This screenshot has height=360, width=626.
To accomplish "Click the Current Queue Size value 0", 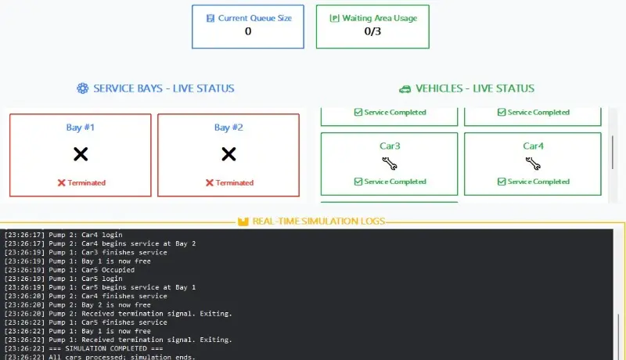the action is coord(248,31).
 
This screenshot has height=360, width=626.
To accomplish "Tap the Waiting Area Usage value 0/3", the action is coord(372,31).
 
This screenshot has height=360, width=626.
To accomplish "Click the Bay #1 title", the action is coord(81,128).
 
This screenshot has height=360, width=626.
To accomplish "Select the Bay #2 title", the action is coord(228,128).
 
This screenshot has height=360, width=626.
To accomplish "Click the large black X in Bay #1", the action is coord(81,154).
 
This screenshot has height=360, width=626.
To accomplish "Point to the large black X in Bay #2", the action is coord(228,154).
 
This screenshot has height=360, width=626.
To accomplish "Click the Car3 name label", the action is coord(390,146).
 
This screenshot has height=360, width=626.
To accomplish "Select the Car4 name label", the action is coord(533,146).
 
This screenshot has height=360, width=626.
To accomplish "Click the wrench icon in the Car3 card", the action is coord(389,164).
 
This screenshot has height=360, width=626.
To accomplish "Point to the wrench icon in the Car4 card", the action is coord(533,164).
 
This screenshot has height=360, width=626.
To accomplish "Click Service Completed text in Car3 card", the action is coord(395,182).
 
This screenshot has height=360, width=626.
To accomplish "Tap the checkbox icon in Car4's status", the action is coord(502,182).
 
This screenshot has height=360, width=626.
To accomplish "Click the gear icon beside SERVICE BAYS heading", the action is coord(83,88).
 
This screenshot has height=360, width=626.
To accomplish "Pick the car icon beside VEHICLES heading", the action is coord(405,89).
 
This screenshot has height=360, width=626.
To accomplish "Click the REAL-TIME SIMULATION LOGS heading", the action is coord(318,221).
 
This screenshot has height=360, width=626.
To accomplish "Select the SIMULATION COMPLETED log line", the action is coord(84,348).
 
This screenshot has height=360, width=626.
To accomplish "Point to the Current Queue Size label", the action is coord(255,18).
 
